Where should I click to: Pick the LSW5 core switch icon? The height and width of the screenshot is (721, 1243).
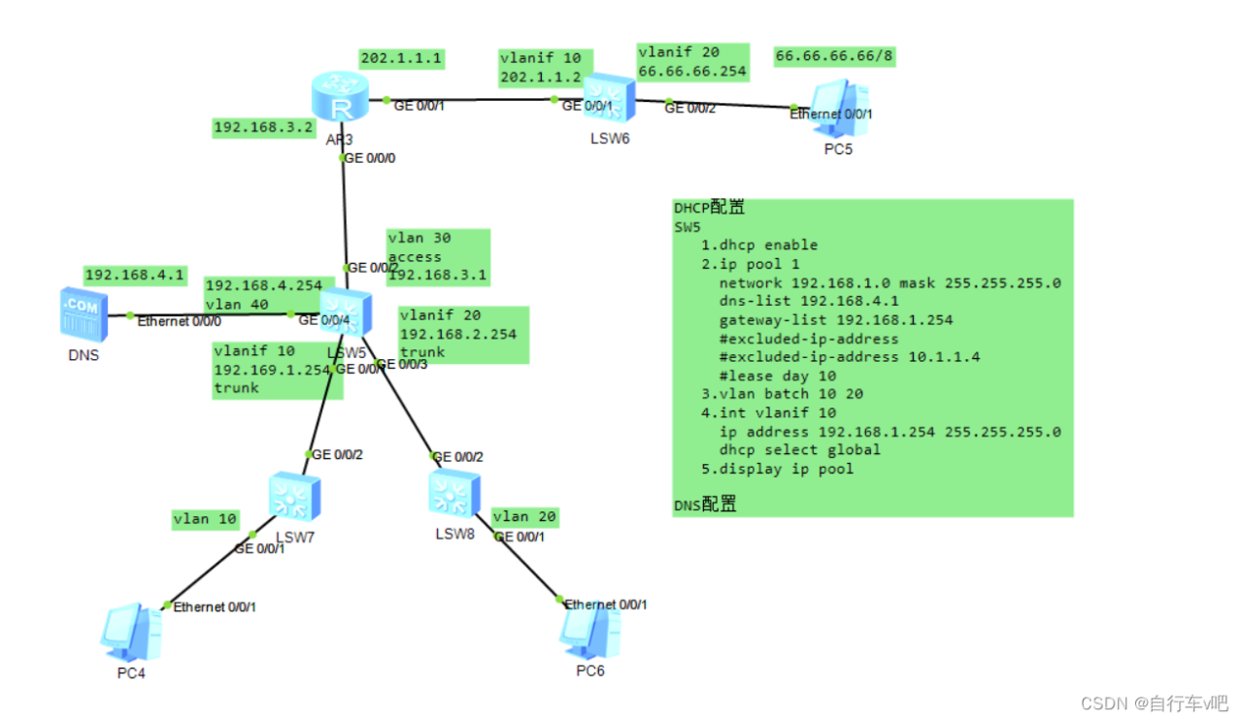[348, 313]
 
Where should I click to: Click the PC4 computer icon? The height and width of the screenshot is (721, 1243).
[130, 632]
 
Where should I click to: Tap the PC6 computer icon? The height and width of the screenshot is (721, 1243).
[589, 632]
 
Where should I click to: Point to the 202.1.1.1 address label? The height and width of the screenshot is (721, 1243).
[401, 59]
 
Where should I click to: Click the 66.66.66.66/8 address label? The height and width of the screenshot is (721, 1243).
[833, 57]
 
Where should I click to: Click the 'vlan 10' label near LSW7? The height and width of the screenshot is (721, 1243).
[205, 520]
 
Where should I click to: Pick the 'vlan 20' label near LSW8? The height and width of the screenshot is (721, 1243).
[524, 517]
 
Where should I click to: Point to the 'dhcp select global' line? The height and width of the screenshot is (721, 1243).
[799, 450]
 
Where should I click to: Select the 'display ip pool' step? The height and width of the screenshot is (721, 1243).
[787, 469]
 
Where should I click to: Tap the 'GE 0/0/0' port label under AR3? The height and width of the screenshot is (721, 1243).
[370, 157]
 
